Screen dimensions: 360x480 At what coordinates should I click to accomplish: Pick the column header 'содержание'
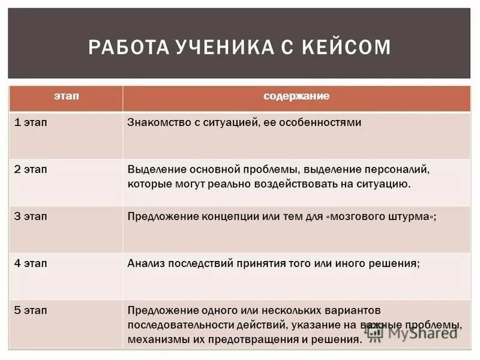pyautogui.click(x=296, y=96)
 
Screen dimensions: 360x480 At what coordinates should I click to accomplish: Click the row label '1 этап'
pyautogui.click(x=31, y=122)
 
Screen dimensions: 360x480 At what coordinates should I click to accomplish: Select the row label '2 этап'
pyautogui.click(x=31, y=169)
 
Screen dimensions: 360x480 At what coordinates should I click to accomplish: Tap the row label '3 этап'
pyautogui.click(x=31, y=216)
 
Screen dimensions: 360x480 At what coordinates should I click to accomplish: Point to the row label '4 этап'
pyautogui.click(x=31, y=263)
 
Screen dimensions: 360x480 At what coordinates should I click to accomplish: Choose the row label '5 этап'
pyautogui.click(x=31, y=310)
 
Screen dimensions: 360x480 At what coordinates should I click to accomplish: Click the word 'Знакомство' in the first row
pyautogui.click(x=157, y=122)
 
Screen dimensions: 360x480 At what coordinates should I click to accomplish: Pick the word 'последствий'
pyautogui.click(x=197, y=263)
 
